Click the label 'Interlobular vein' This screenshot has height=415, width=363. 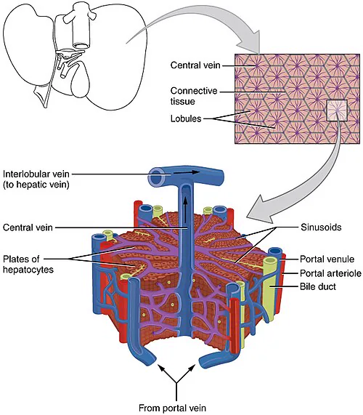[x=36, y=174]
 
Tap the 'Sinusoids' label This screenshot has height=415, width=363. [x=321, y=227]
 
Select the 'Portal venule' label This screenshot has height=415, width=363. [x=327, y=259]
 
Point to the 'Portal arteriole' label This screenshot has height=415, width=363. [x=330, y=273]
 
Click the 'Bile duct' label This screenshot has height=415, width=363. [x=318, y=286]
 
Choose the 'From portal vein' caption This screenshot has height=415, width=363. [x=172, y=408]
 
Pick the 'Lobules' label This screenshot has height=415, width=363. [x=186, y=118]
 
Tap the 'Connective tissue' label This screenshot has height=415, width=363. [x=194, y=96]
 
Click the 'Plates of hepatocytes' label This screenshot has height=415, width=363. [x=28, y=264]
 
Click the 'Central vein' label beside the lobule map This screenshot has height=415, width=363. [x=195, y=65]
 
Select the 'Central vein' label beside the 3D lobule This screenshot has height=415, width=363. [x=28, y=227]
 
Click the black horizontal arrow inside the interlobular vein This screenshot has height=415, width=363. [x=186, y=172]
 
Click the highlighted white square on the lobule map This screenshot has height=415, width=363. [x=337, y=110]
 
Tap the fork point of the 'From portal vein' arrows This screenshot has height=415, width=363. [x=176, y=382]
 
